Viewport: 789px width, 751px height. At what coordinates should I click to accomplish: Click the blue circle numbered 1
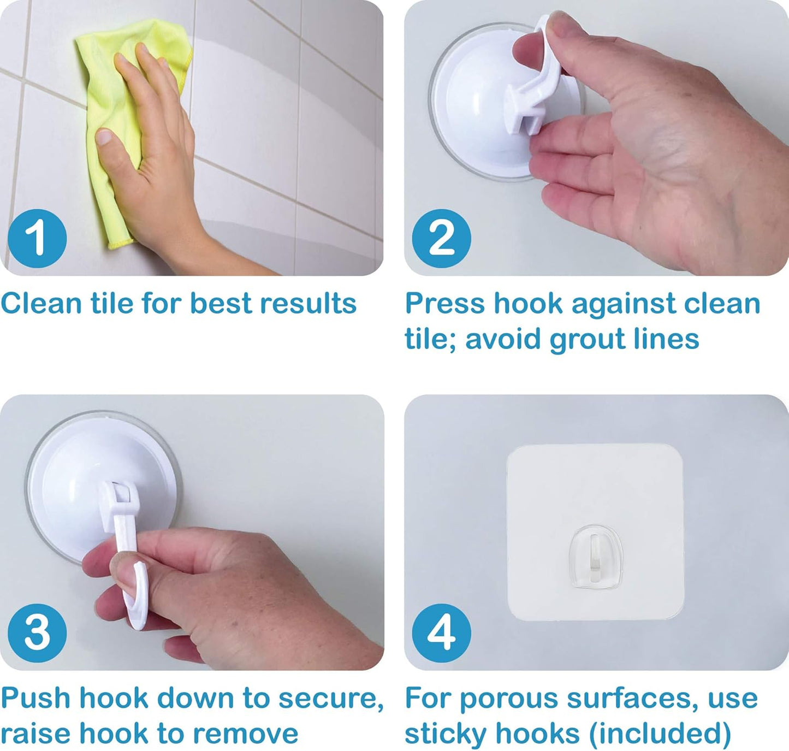click(37, 239)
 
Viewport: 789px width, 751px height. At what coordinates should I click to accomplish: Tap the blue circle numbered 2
click(441, 239)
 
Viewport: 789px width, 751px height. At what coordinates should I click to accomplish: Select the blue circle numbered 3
click(37, 634)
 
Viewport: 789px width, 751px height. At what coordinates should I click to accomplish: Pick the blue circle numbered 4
click(441, 634)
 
